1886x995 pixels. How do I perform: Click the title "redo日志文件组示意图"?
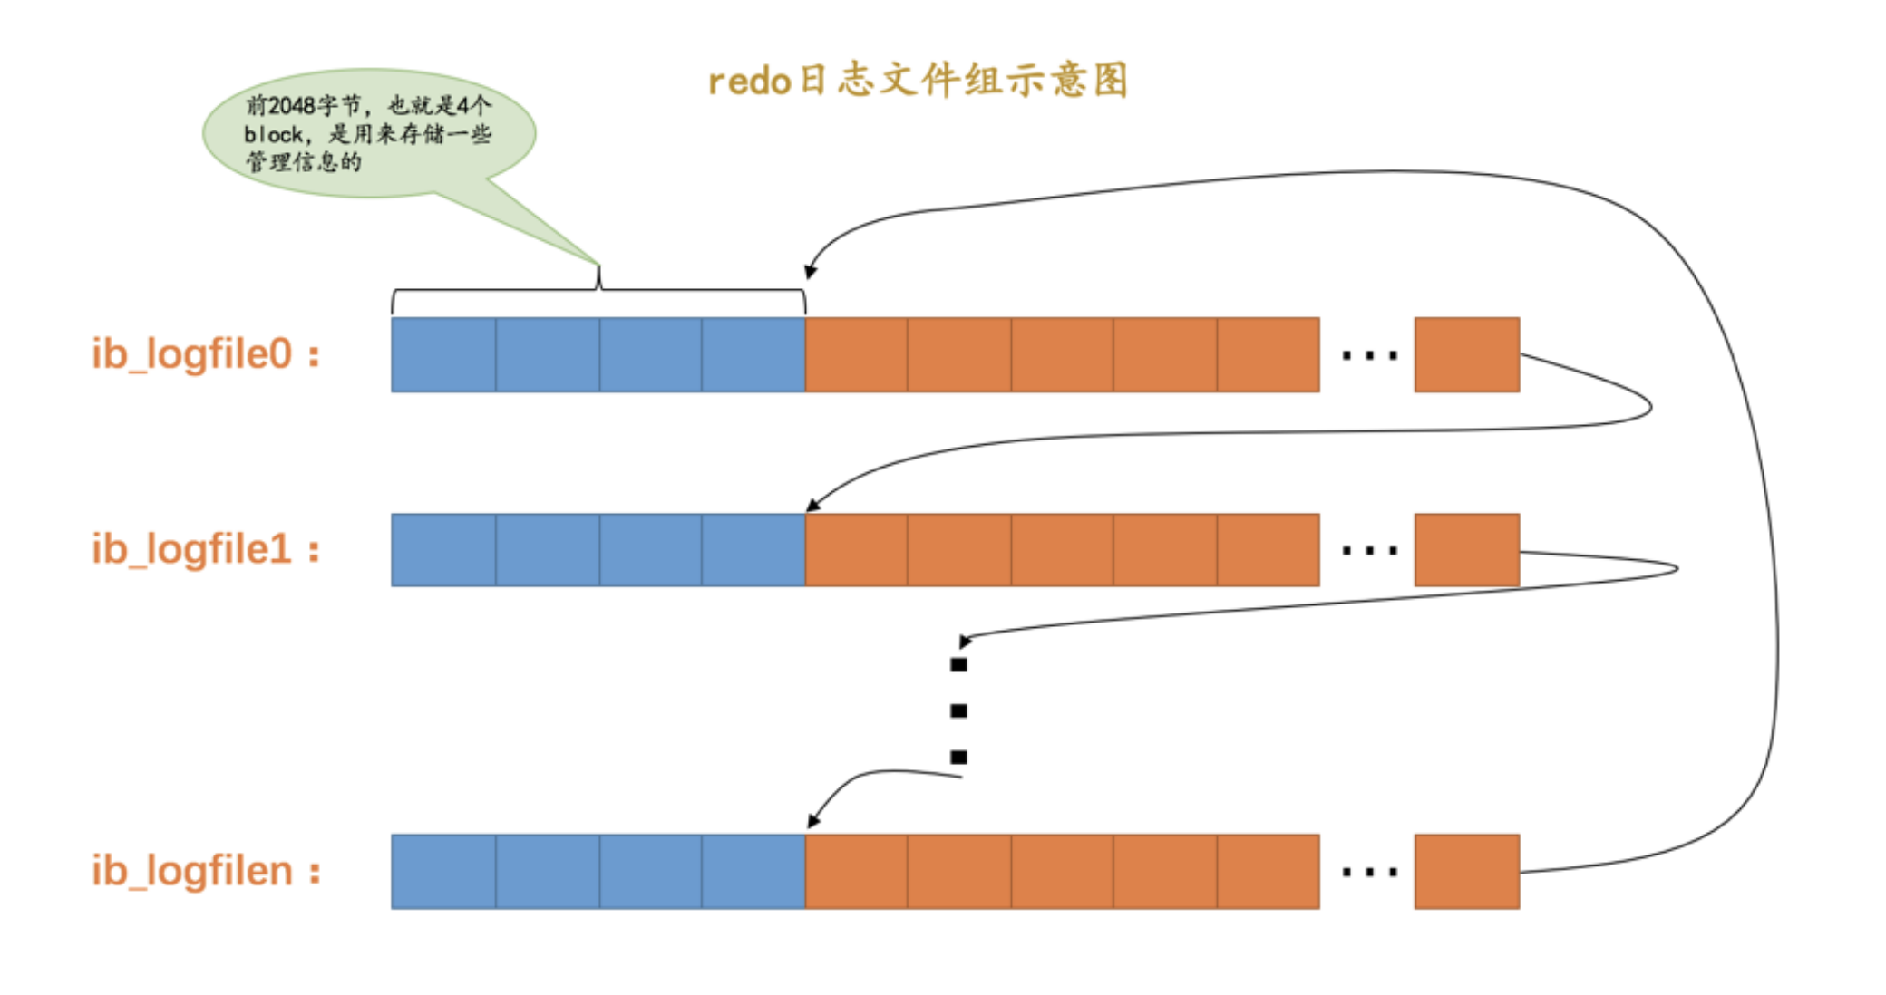point(918,81)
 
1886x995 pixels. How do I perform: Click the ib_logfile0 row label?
point(205,353)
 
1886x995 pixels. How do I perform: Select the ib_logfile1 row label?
point(205,549)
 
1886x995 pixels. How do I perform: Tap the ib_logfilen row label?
point(205,871)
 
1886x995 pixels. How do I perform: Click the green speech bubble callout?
point(368,133)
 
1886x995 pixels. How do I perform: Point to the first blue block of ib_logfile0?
point(443,354)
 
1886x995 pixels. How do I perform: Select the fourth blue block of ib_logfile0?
point(753,354)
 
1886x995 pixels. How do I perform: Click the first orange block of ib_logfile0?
point(856,354)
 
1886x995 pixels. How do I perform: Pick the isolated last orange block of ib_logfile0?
point(1466,354)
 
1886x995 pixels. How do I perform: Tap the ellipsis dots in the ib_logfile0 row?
point(1369,355)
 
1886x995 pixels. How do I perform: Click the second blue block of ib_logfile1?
point(548,550)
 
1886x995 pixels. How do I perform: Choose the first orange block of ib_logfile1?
point(856,550)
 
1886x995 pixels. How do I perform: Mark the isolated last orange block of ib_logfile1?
point(1466,550)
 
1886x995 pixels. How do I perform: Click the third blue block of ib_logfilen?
point(650,872)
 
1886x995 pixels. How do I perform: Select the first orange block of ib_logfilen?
point(856,872)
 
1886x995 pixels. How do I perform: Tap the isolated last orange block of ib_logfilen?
point(1466,872)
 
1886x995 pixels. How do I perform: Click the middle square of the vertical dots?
point(958,711)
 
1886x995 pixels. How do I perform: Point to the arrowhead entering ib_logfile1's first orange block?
point(812,506)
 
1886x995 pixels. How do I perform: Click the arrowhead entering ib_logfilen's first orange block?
point(813,820)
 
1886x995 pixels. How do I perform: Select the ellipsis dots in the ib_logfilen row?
point(1369,873)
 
